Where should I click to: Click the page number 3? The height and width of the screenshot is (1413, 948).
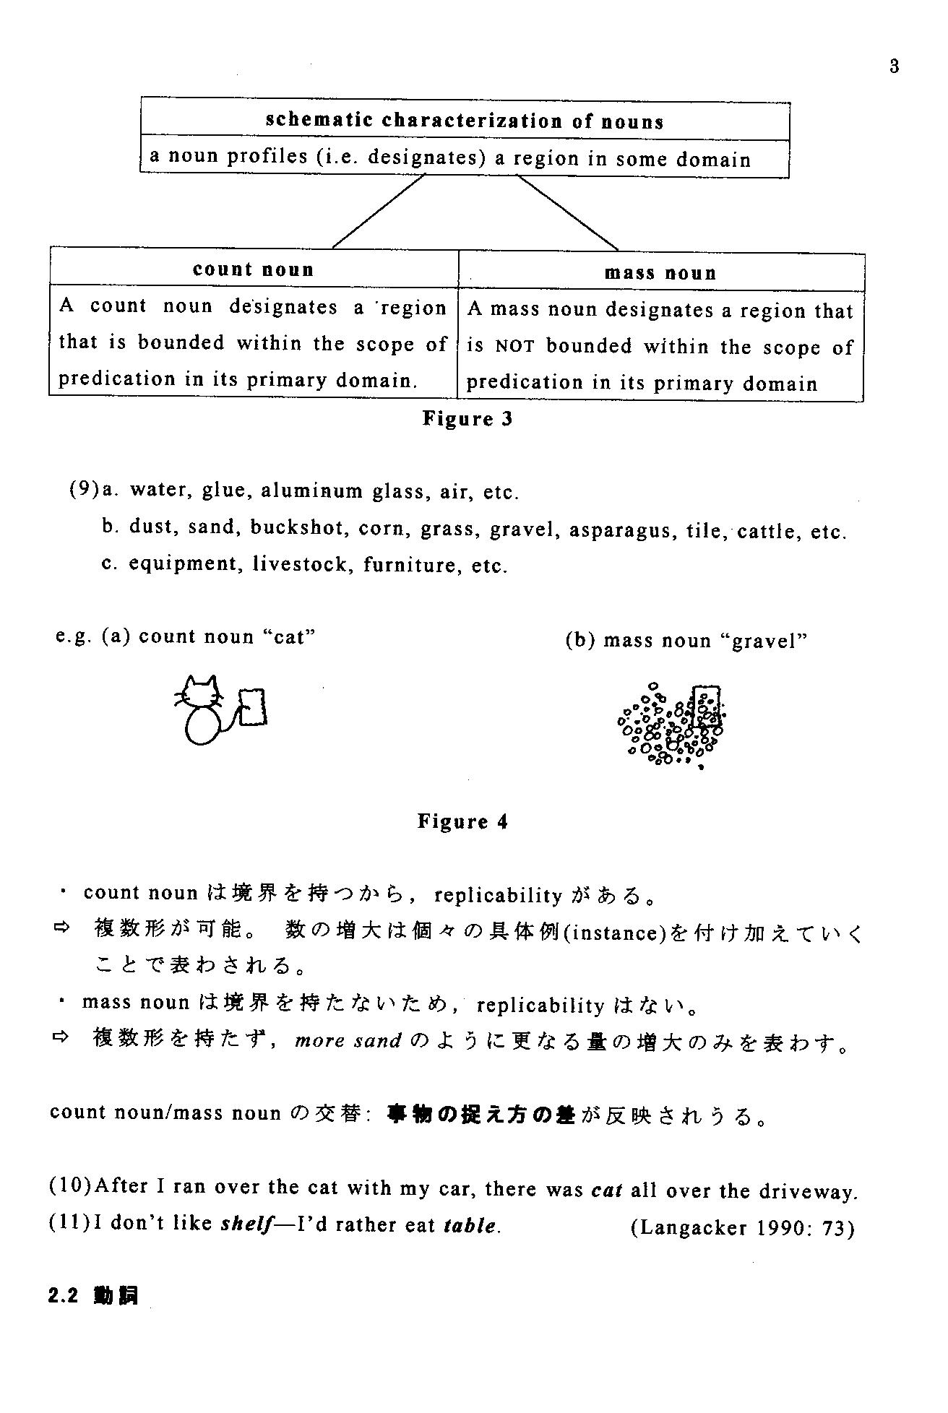(x=895, y=66)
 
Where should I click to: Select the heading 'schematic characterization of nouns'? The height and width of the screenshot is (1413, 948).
(x=465, y=121)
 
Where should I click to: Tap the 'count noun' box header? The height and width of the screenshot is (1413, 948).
(x=254, y=269)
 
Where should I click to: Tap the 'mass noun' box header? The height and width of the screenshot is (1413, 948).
(x=660, y=273)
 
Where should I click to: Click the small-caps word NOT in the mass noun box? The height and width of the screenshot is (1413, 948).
(x=514, y=347)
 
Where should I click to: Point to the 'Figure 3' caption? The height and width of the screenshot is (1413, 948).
(x=467, y=419)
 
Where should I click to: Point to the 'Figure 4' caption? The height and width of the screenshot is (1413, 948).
(x=462, y=821)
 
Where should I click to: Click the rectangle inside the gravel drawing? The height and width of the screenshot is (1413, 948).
(x=704, y=705)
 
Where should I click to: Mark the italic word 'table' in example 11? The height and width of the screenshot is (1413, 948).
(x=470, y=1226)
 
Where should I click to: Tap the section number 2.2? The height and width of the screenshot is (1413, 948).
(x=64, y=1297)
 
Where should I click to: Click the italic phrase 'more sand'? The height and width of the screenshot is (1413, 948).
(x=348, y=1041)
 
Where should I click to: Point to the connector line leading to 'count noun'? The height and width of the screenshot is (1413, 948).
(x=377, y=212)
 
